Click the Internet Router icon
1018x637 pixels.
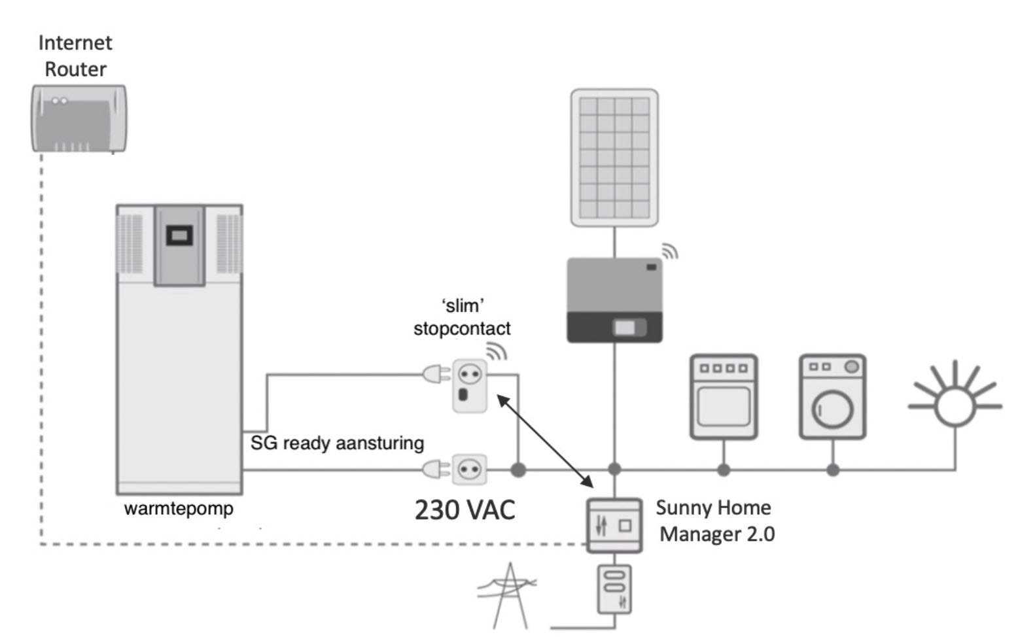coord(79,118)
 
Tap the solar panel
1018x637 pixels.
coord(614,158)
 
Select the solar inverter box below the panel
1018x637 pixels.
coord(614,300)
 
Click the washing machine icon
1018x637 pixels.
coord(832,396)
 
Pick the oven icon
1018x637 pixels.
coord(724,396)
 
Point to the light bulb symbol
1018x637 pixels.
coord(955,405)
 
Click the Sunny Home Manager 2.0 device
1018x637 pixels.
coord(614,525)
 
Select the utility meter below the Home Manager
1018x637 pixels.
coord(614,589)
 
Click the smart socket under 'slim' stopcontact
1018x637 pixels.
coord(470,385)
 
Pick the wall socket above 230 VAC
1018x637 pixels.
coord(470,469)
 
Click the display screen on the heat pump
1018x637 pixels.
coord(179,235)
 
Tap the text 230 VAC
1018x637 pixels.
coord(465,510)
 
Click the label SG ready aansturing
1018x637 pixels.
coord(337,443)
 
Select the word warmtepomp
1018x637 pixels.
coord(179,508)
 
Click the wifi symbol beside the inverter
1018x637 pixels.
coord(669,251)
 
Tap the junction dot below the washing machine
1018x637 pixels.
coord(832,469)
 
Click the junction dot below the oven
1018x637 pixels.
coord(724,469)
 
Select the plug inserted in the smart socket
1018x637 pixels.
coord(436,374)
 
